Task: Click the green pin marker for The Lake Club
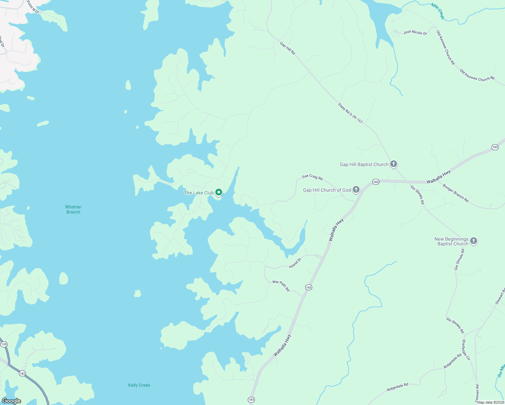[219, 192]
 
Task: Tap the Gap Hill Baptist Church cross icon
[393, 164]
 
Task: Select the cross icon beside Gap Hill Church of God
[356, 190]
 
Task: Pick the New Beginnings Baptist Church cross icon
[474, 241]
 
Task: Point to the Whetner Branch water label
[73, 210]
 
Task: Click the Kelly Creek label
[139, 385]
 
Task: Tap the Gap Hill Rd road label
[288, 48]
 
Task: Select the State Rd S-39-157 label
[350, 113]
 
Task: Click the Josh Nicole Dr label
[415, 32]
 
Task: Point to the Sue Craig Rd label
[312, 177]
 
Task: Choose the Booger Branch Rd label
[456, 193]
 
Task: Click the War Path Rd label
[281, 286]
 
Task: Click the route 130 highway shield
[4, 345]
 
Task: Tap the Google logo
[11, 401]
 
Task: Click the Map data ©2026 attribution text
[490, 402]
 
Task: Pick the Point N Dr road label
[33, 7]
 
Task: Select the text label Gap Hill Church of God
[327, 190]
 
